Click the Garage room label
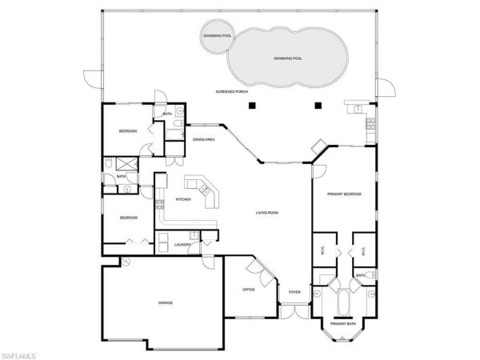[x=165, y=302]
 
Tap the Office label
[x=248, y=290]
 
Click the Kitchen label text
[x=182, y=199]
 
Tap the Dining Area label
[x=204, y=140]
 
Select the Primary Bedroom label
[x=344, y=194]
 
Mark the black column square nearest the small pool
[x=252, y=105]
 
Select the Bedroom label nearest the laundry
[x=128, y=218]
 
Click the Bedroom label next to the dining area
[x=128, y=130]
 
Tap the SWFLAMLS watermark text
[x=22, y=353]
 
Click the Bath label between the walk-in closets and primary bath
[x=361, y=275]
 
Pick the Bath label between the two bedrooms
[x=122, y=177]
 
